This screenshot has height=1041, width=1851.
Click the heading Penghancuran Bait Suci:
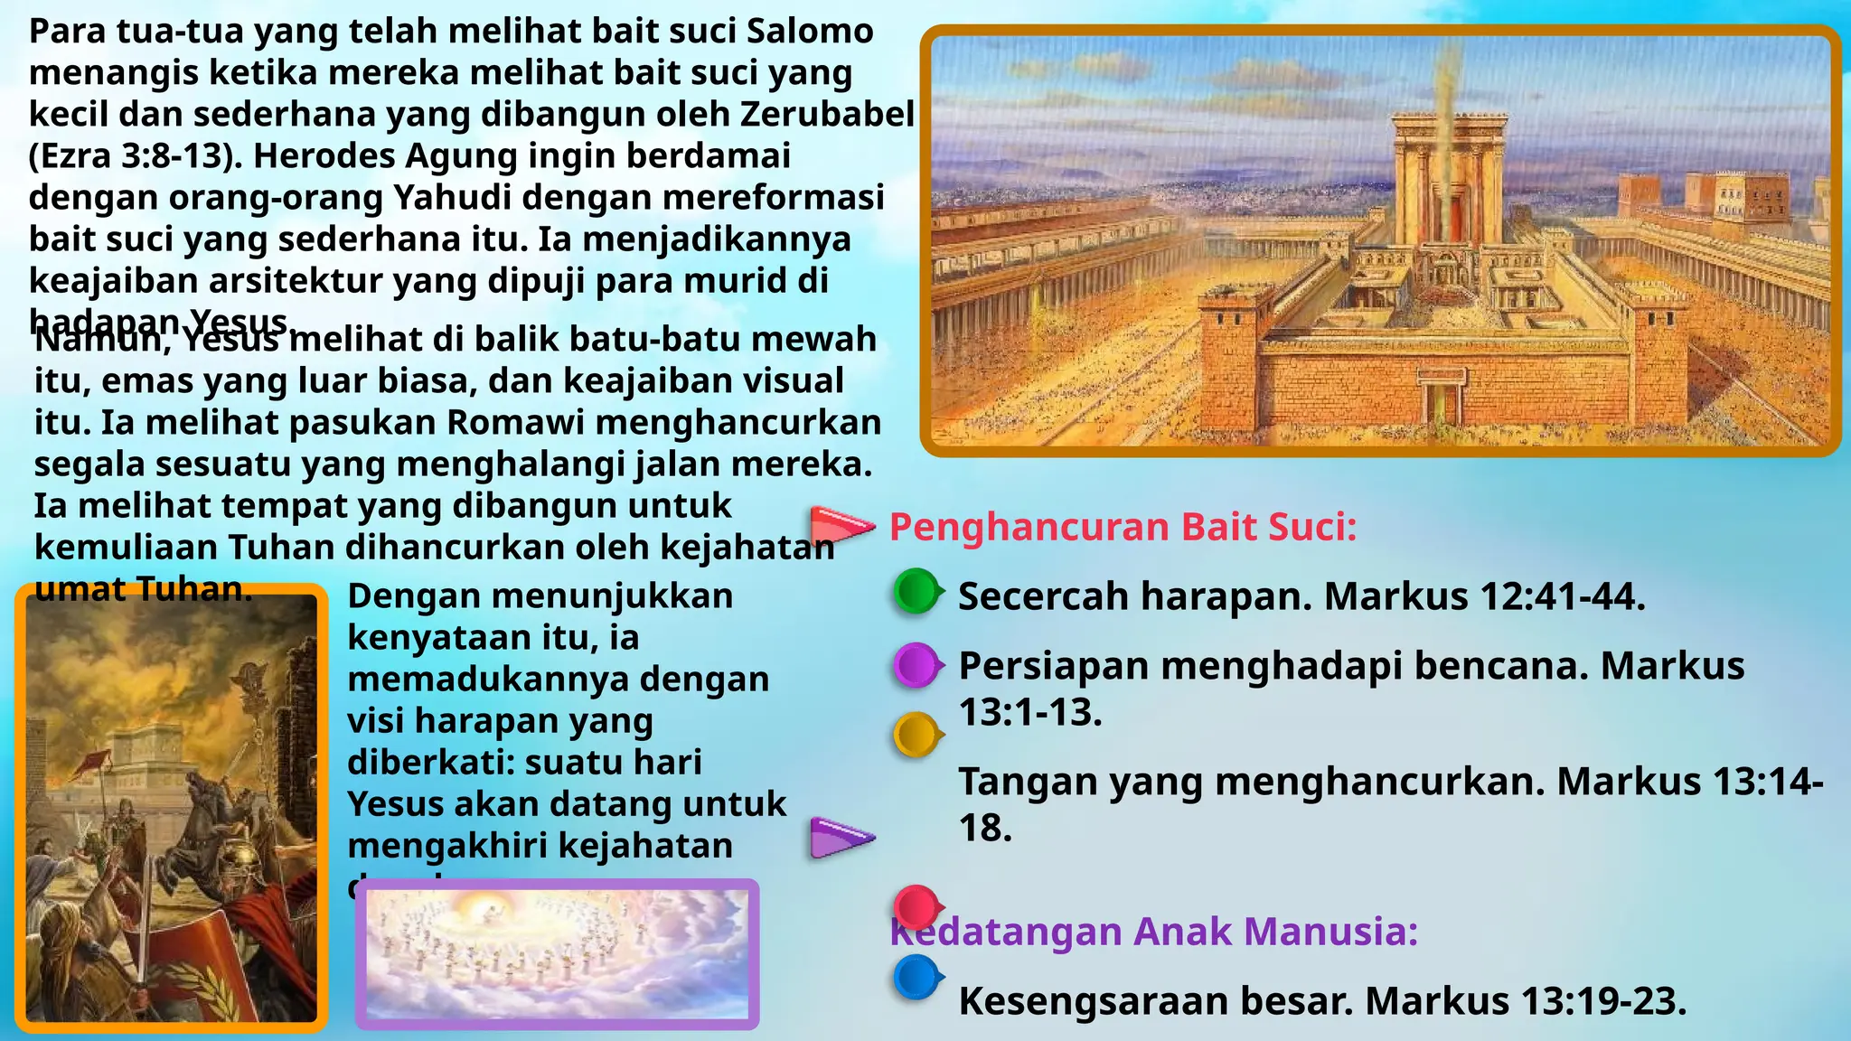[x=1123, y=527]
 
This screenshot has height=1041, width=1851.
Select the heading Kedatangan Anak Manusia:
[x=1153, y=932]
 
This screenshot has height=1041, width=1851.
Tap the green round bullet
[x=917, y=592]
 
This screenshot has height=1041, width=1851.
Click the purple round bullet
[x=917, y=666]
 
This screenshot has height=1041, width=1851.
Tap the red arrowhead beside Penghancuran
[x=841, y=525]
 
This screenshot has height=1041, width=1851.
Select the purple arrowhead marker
[x=841, y=837]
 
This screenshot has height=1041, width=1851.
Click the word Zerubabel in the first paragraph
[x=827, y=115]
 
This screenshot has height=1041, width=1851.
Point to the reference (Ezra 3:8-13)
[x=136, y=156]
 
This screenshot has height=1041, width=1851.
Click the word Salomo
[x=810, y=32]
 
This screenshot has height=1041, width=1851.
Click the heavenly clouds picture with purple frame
[x=557, y=953]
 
